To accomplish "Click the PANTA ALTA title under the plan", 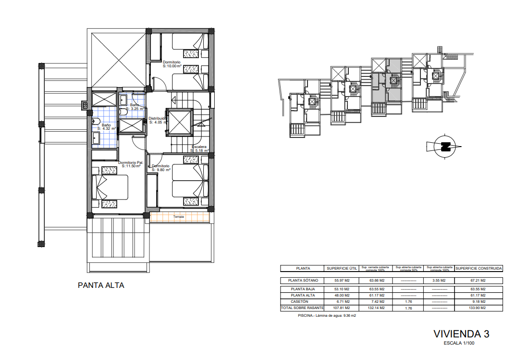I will coord(101,285).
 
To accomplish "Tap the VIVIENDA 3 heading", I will coord(461,334).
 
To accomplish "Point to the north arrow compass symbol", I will coord(444,146).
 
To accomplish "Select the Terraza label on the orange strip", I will coord(179,217).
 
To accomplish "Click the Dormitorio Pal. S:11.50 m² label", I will coord(131,164).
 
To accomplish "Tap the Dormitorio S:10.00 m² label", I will coord(172,64).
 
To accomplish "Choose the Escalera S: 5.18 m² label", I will coord(199,149).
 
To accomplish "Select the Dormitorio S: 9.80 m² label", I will coord(161,168).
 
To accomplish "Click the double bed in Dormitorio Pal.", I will coord(112,187).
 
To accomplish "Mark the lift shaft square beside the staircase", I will coord(179,123).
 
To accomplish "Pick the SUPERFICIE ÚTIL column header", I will coord(341,269).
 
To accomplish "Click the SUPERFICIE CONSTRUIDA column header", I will coord(479,269).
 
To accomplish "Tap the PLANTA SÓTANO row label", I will coord(303,280).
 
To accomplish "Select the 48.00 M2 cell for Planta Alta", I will coord(341,296).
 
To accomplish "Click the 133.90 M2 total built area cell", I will coord(478,308).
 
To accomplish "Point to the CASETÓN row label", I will coord(303,301).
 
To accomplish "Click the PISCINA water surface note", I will coord(327,316).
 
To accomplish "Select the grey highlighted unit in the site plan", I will coord(379,87).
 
